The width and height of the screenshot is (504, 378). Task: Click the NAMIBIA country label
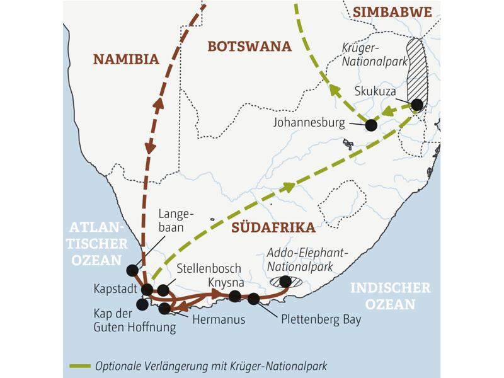coord(126,59)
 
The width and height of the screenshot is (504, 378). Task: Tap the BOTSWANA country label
coord(249,46)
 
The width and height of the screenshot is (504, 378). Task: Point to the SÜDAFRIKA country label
coord(273,227)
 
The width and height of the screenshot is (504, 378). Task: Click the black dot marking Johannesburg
coord(371,125)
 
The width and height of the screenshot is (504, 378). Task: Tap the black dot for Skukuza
coord(417,105)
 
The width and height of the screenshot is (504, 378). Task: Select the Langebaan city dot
coord(132,270)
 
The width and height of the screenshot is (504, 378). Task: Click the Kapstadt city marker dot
coord(147,290)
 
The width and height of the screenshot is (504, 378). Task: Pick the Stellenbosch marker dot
coord(163,290)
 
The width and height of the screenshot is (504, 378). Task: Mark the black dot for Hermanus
coord(165,308)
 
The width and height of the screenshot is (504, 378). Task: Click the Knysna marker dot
coord(235,296)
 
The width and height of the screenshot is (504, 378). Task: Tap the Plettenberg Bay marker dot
coord(253,299)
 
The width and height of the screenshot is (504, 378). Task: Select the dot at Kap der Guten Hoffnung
coord(142,304)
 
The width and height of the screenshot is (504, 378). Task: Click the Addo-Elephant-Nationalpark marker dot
coord(285,281)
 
